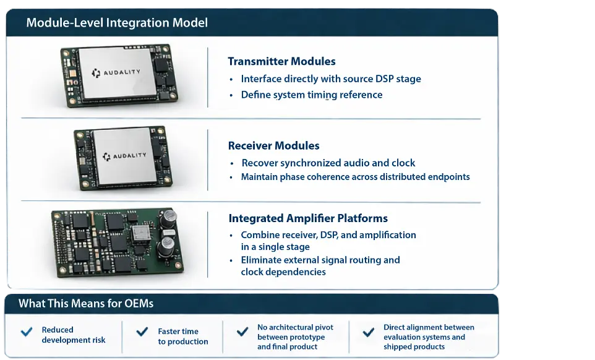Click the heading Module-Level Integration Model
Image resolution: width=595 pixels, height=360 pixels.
pos(117,24)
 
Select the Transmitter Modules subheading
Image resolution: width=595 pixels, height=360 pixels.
pos(281,61)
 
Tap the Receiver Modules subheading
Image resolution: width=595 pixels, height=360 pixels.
pos(273,146)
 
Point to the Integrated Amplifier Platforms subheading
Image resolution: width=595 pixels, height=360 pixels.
pos(308,218)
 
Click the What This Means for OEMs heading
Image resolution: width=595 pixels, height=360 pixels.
pos(86,304)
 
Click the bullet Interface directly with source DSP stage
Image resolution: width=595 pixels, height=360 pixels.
pos(331,79)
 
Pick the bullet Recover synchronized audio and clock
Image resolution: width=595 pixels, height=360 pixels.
pos(328,163)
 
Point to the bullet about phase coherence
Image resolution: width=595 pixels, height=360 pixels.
pos(355,177)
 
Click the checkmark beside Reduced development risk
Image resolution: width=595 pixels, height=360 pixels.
pos(27,332)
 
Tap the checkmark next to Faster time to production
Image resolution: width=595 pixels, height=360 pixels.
pos(142,332)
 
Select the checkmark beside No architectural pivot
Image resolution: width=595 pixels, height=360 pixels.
pos(243,332)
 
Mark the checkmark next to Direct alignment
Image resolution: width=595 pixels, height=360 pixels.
pos(368,332)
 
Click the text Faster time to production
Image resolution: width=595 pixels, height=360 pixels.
pos(182,336)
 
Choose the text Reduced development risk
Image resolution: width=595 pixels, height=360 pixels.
pos(74,335)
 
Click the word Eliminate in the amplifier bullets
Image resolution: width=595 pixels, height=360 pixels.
pos(260,260)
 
